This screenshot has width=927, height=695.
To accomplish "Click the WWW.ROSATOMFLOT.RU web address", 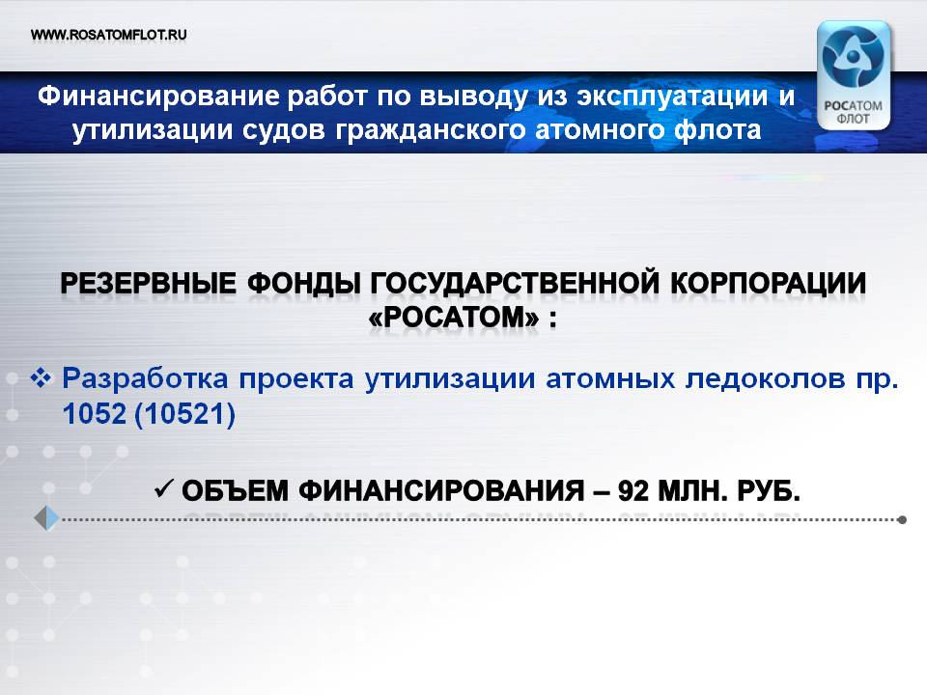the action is point(109,35).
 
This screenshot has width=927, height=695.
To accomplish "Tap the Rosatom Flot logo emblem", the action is point(853,75).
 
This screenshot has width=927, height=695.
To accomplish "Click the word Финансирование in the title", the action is point(157,96).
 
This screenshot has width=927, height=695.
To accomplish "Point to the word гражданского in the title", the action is point(430,130).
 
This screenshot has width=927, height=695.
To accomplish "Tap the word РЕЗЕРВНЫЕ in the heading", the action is point(149,284).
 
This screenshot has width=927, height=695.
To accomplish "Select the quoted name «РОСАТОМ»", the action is point(454,319).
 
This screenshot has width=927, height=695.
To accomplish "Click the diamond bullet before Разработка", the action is point(41,377).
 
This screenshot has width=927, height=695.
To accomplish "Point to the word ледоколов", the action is point(766,379).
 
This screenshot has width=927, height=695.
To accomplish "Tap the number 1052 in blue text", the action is point(95,414).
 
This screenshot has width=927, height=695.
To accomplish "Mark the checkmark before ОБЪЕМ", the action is point(162,488).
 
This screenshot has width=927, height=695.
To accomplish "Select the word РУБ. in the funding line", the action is point(769,491).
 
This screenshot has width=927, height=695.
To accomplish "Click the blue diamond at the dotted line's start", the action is point(47,518).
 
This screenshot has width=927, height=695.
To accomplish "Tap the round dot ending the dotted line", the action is point(902,520).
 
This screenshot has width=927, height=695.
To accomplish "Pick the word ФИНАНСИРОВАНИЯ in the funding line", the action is point(441,491).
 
